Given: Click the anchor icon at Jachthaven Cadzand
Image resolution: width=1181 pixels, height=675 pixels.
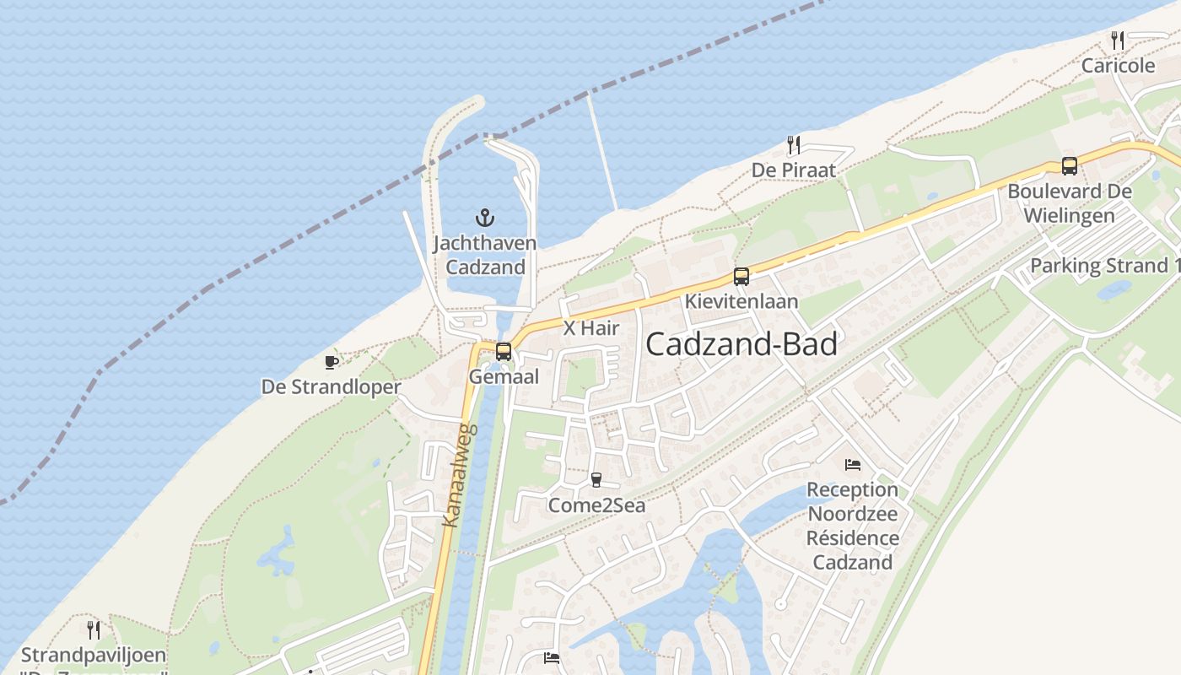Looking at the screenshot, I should point(484,218).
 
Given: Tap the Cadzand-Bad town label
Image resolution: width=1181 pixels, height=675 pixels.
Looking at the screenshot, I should point(741,344).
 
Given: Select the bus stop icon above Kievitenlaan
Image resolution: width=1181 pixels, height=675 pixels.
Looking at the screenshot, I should point(741,276).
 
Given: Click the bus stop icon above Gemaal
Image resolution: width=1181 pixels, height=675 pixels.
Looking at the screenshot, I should point(504,352).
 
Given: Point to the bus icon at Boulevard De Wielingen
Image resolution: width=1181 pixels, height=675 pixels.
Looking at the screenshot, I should point(1069,166).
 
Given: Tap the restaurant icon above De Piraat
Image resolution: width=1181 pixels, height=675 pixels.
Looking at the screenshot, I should point(793,145).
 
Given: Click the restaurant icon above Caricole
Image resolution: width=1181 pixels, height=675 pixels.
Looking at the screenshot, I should point(1118,40).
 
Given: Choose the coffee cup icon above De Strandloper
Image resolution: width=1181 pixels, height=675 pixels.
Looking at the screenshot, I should point(332,362).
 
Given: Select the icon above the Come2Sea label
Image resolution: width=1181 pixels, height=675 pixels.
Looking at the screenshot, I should point(596,480).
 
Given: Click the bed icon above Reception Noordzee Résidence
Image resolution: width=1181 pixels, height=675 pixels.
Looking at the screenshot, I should point(853,465).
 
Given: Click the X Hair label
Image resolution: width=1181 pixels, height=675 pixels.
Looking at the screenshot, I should point(591,328).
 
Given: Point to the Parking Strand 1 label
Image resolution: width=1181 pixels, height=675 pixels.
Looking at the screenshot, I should point(1104,266).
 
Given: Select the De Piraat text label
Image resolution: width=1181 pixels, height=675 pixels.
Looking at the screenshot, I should point(794,170).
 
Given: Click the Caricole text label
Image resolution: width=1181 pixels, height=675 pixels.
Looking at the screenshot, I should point(1118,65).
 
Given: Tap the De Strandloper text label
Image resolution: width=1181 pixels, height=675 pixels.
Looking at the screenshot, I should point(331,387).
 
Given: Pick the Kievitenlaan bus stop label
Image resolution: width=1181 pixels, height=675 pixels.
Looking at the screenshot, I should point(741,301).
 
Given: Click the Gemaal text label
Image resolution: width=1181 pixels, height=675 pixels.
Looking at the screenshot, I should point(504,377).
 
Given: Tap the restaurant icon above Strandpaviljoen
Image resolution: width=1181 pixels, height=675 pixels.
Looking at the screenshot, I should point(94,629).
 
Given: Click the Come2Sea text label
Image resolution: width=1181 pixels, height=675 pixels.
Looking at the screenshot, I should point(596,505).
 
